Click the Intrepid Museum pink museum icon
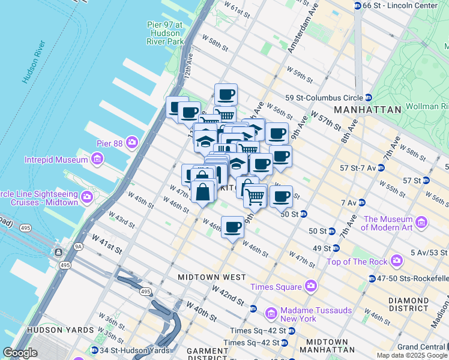97,159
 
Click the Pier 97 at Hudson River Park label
165,33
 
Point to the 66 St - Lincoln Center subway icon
358,5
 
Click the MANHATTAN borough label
367,110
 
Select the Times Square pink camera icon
310,286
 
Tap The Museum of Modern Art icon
421,223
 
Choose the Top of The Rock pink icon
396,261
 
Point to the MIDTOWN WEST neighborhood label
212,277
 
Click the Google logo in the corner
20,353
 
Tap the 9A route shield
78,246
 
